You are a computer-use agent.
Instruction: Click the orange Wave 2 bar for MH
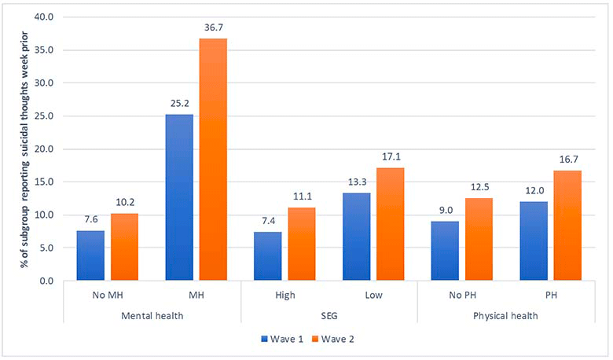[x=213, y=159]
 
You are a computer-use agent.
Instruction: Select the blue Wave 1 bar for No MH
[x=90, y=255]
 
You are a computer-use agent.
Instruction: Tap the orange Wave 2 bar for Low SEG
[x=390, y=224]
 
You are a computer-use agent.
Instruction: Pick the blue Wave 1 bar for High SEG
[x=268, y=256]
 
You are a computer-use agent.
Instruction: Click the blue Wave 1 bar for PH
[x=534, y=241]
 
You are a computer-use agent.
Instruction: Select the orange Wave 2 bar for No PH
[x=479, y=239]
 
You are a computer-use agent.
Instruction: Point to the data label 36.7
[x=214, y=28]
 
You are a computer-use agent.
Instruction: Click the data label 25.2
[x=179, y=103]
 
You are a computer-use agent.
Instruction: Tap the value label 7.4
[x=268, y=221]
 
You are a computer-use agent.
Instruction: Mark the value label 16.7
[x=568, y=160]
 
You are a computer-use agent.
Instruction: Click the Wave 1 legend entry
[x=282, y=339]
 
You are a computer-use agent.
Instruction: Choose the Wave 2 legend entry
[x=333, y=339]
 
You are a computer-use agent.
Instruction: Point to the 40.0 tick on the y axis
[x=45, y=17]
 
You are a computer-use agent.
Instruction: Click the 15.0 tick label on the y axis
[x=45, y=182]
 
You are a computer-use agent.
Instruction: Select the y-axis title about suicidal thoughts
[x=25, y=149]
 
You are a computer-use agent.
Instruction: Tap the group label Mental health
[x=152, y=316]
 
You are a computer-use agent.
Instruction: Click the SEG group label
[x=329, y=316]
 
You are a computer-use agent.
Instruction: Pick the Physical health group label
[x=505, y=316]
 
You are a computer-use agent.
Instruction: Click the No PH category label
[x=462, y=295]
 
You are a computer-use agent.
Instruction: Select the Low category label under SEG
[x=374, y=295]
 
